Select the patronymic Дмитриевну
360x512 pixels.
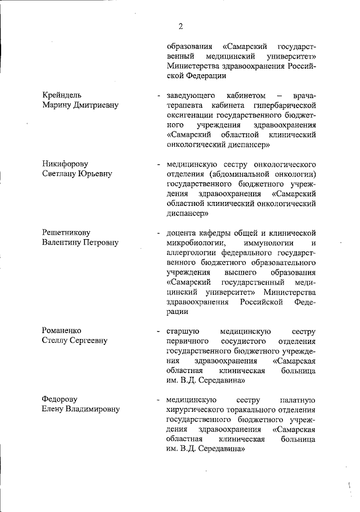(94, 105)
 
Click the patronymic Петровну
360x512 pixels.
(99, 242)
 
